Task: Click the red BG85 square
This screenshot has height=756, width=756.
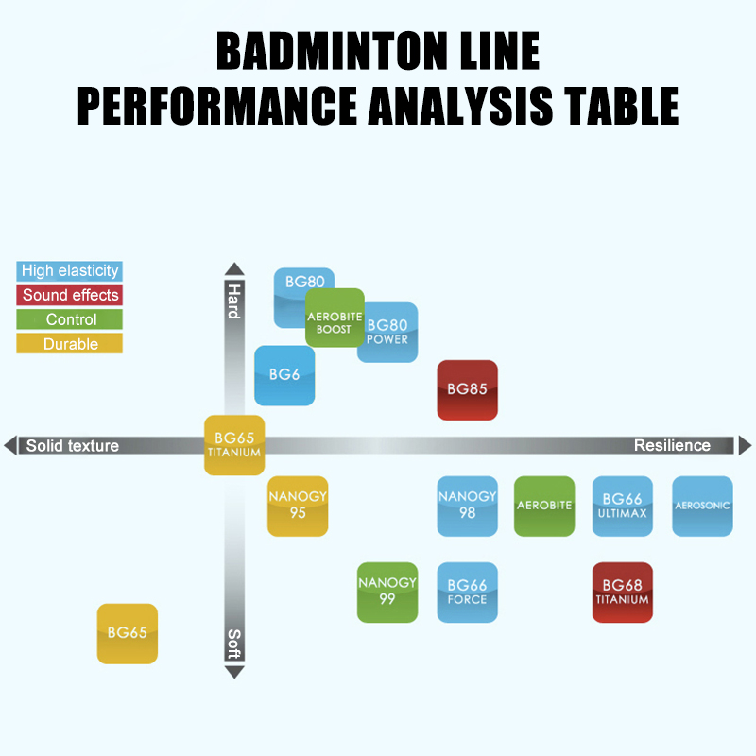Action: tap(467, 389)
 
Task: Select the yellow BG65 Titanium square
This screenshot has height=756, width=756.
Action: tap(234, 444)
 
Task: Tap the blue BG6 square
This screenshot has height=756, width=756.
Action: tap(283, 376)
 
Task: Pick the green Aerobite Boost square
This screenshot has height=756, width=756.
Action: tap(335, 318)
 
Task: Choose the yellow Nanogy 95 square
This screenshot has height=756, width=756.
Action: tap(298, 506)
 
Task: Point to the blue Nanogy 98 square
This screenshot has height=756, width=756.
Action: tap(467, 506)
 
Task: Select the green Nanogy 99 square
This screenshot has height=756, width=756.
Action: tap(387, 592)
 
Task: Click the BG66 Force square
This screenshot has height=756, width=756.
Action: tap(467, 592)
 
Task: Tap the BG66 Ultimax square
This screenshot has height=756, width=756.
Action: tap(622, 506)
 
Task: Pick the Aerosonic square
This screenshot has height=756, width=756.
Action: tap(702, 506)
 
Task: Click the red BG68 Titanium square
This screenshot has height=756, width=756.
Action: tap(622, 592)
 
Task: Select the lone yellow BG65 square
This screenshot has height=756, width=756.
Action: tap(127, 633)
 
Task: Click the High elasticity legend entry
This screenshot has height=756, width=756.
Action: tap(70, 271)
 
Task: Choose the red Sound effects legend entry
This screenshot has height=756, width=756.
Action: tap(70, 295)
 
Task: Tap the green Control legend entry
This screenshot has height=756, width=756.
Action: tap(70, 319)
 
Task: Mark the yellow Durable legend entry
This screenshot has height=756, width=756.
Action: tap(70, 344)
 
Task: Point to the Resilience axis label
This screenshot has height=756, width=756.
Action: tap(672, 445)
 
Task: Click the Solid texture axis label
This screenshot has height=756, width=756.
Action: tap(73, 445)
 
